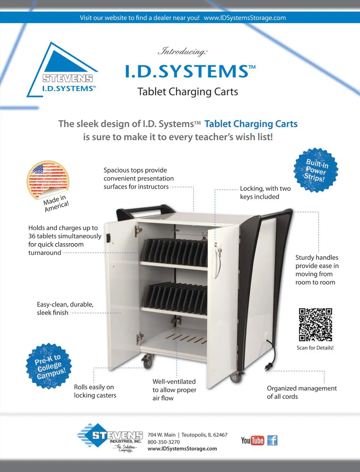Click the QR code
click(315, 324)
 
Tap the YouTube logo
click(252, 440)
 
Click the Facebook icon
click(272, 440)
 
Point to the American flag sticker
click(48, 180)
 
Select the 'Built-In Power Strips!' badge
click(316, 170)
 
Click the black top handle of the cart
click(145, 211)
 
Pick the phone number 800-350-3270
click(163, 442)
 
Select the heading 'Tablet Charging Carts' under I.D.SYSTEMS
click(188, 92)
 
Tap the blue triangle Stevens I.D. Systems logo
click(63, 70)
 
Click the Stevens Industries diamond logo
click(110, 438)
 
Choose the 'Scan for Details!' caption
click(315, 348)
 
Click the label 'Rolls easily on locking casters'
click(95, 391)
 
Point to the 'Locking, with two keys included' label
click(265, 192)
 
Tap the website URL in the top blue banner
click(245, 18)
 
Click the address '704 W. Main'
click(161, 435)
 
